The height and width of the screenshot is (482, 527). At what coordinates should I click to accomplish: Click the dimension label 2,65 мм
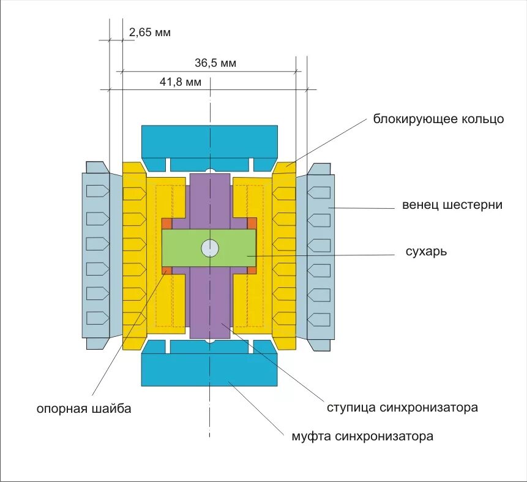pos(150,32)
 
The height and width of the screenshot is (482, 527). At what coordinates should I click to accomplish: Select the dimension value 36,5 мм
pos(215,63)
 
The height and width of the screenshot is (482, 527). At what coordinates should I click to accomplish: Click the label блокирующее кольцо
pos(439,119)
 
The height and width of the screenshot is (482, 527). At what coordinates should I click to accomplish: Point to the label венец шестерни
pos(452,205)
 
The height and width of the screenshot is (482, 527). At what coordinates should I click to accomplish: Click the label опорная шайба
pos(84,409)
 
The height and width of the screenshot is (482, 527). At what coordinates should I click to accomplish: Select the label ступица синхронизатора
pos(402,407)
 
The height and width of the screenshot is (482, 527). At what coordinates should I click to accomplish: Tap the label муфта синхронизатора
pos(362,437)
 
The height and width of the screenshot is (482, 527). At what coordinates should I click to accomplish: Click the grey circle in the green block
pos(210,248)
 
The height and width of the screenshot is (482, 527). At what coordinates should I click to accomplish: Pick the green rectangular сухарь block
pos(184,248)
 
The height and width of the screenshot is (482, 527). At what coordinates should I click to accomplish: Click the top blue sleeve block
pos(209,141)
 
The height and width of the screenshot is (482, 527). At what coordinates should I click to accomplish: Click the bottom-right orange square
pos(252,271)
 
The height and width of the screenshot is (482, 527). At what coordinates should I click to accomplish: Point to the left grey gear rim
pos(96,255)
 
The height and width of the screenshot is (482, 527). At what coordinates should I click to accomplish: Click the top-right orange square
pos(252,223)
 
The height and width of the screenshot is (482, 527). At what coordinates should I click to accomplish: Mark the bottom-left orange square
pos(166,271)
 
